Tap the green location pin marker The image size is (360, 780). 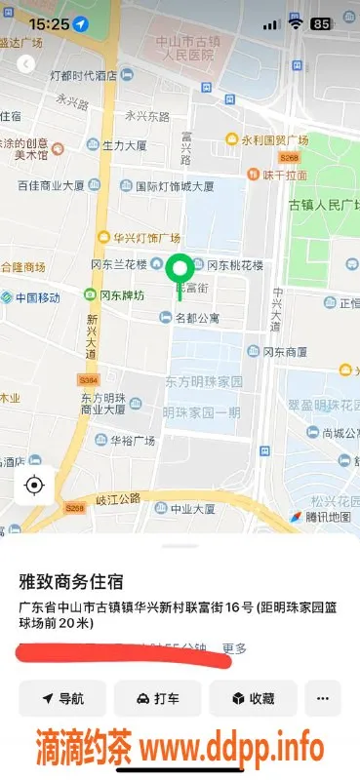tap(180, 268)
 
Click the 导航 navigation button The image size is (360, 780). tap(61, 698)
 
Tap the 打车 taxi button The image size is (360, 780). tap(157, 698)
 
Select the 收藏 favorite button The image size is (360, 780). tap(253, 698)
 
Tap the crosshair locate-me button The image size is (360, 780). tap(34, 485)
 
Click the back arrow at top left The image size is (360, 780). tap(25, 63)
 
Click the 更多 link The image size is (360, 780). tap(234, 647)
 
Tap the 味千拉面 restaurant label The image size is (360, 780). tap(284, 175)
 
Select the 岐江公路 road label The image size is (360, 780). tap(118, 498)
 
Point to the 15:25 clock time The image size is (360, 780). tap(49, 22)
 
